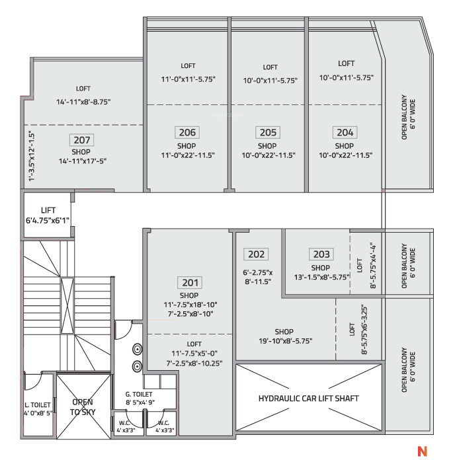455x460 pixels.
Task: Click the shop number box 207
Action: (x=83, y=140)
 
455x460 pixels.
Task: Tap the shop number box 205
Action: (x=267, y=132)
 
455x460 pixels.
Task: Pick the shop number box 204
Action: (x=344, y=132)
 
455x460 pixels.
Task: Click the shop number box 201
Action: (x=188, y=282)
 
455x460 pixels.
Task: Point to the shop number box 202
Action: (x=257, y=254)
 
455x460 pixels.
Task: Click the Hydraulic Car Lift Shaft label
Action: (x=308, y=399)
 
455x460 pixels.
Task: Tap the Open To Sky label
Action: (x=83, y=406)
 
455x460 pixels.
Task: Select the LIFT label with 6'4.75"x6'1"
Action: (x=47, y=214)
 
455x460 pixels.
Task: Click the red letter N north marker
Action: (x=421, y=452)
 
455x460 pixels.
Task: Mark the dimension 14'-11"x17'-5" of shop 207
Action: (x=83, y=161)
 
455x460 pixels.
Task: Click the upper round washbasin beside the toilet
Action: (x=137, y=350)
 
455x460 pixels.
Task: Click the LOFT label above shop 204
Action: (x=346, y=63)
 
